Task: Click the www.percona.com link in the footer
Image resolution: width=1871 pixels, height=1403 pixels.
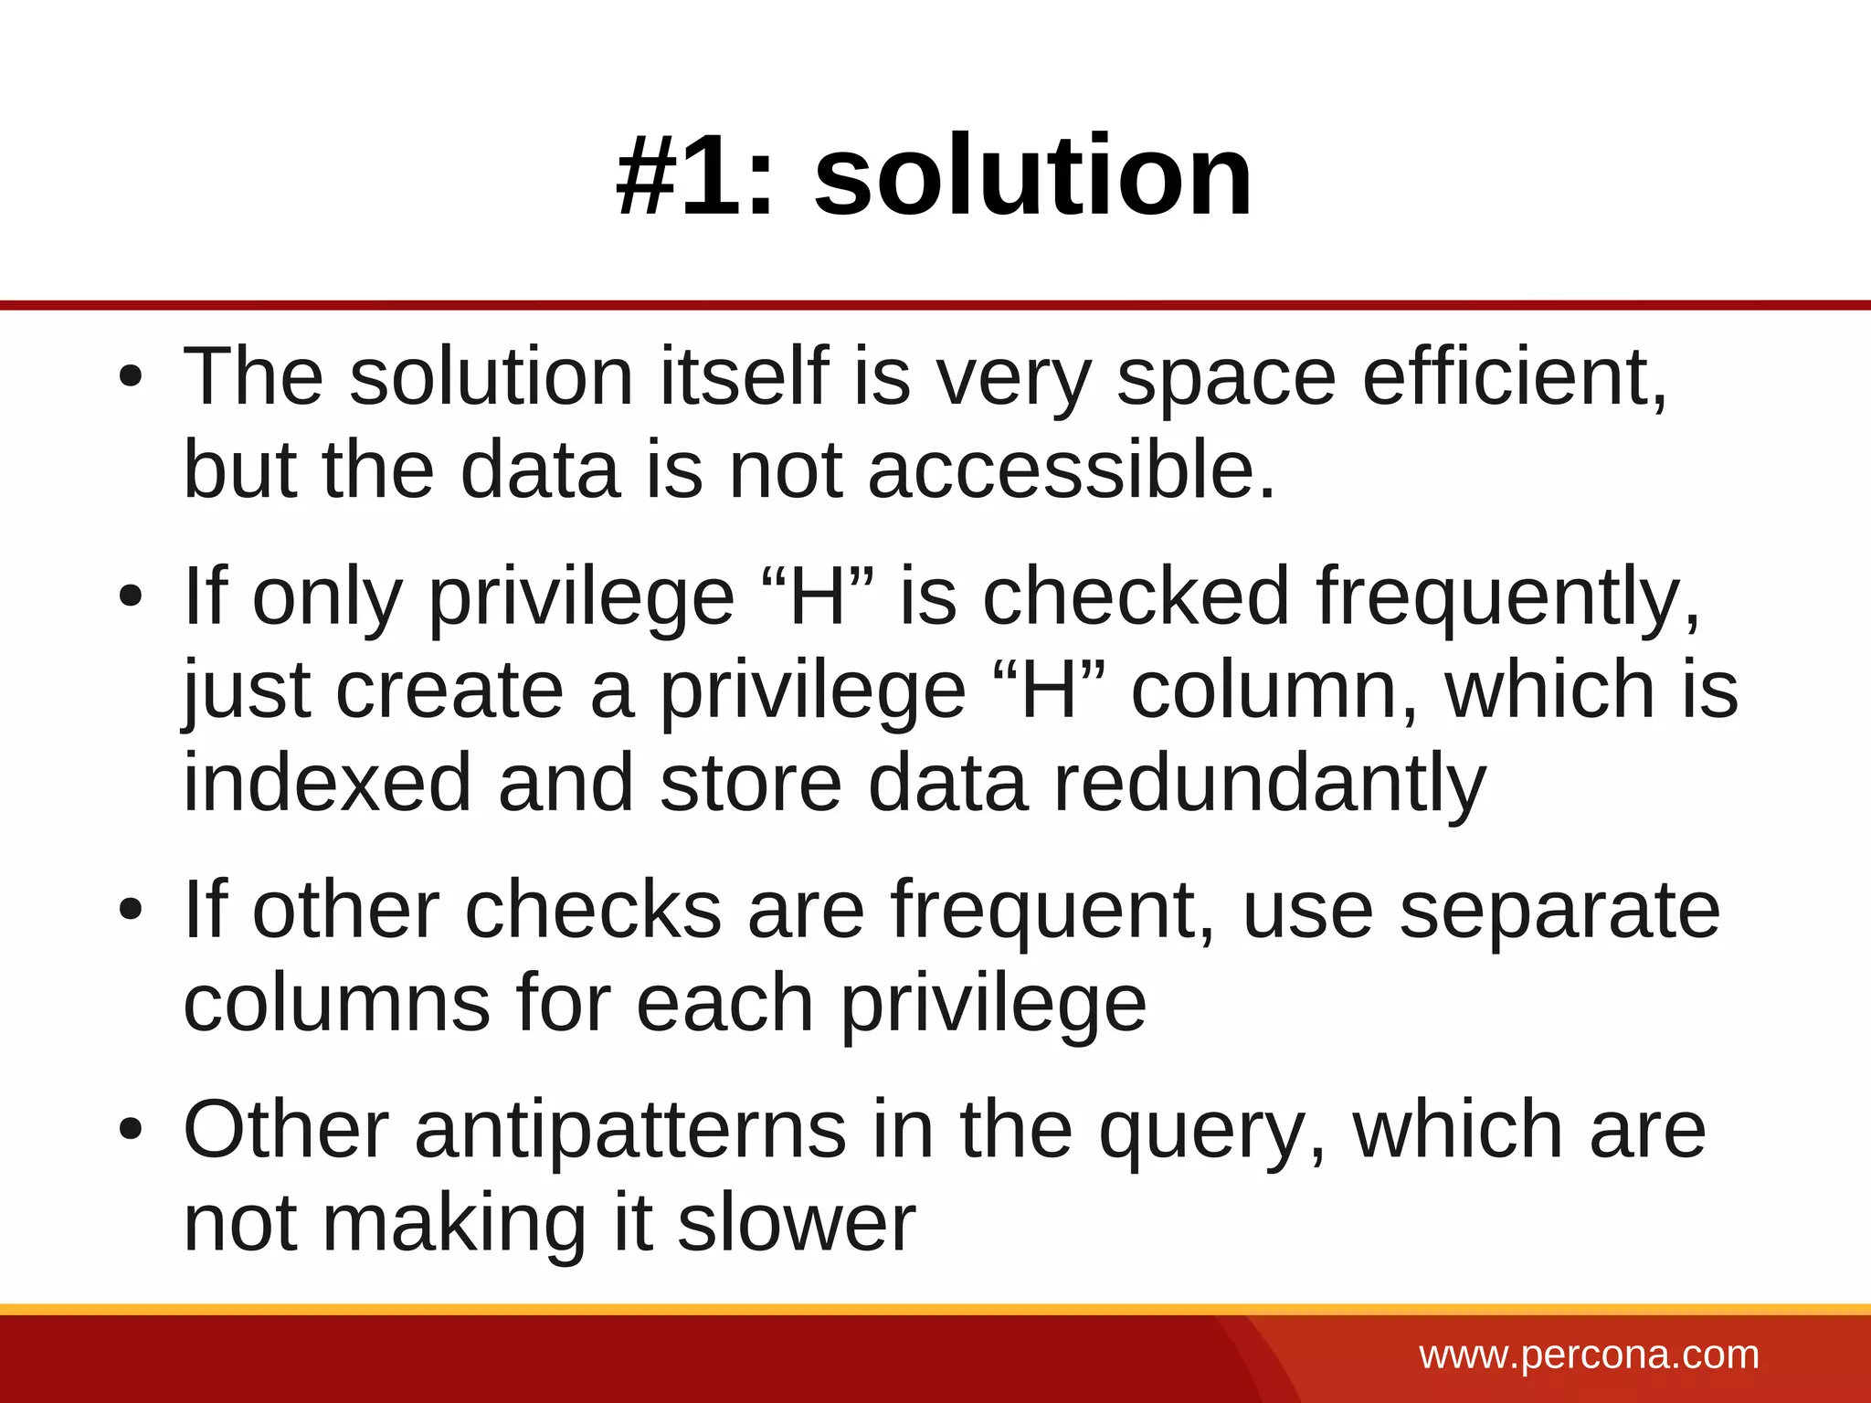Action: click(1589, 1355)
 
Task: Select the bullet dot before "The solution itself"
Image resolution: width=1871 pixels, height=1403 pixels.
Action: click(131, 377)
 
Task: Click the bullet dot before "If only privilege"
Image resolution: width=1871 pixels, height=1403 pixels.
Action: click(131, 597)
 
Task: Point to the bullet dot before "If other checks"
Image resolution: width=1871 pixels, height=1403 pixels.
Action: click(131, 911)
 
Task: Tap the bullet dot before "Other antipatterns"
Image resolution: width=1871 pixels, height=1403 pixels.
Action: click(131, 1131)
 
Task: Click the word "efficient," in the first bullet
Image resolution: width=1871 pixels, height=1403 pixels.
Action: click(1515, 377)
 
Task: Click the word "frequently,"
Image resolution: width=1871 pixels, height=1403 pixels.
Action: click(1508, 597)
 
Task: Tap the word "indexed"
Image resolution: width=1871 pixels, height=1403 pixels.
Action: click(327, 785)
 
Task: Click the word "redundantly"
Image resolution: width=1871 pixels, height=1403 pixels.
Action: click(1270, 785)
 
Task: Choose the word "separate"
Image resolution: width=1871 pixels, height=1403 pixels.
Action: click(1559, 911)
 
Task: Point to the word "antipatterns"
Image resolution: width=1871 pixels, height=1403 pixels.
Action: click(630, 1131)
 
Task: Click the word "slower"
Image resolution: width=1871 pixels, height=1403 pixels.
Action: click(796, 1224)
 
